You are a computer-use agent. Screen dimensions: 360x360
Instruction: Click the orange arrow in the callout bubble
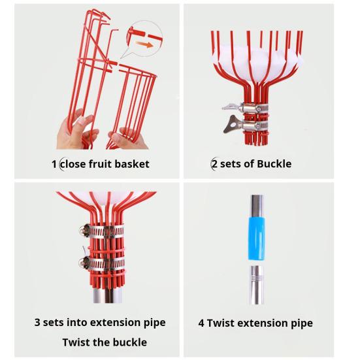click(144, 44)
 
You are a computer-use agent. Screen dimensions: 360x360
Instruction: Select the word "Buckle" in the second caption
click(274, 164)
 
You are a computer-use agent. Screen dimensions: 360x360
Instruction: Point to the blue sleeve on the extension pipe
click(256, 238)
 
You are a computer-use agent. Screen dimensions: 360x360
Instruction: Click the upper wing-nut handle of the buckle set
click(232, 106)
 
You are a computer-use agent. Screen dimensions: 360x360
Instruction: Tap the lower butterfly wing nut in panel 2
click(233, 124)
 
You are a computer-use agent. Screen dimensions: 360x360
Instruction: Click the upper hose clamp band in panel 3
click(103, 231)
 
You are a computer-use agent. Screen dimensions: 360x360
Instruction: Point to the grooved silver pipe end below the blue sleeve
click(256, 285)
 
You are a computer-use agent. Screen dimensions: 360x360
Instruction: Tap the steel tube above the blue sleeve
click(257, 206)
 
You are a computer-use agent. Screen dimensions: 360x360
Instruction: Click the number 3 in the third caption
click(37, 322)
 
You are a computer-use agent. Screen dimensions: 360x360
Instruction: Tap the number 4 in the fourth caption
click(201, 323)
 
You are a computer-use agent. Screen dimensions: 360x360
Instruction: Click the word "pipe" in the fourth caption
click(302, 323)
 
